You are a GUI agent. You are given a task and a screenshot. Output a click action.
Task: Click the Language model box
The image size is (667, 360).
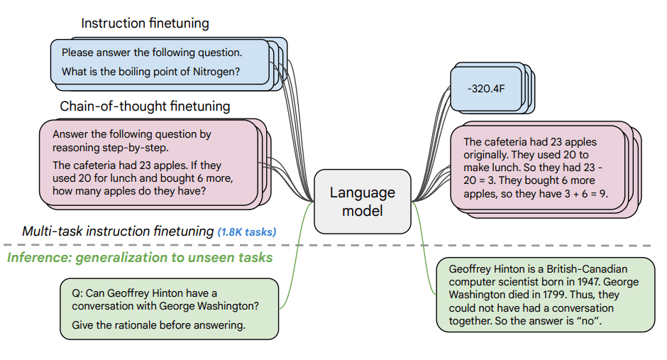click(x=362, y=202)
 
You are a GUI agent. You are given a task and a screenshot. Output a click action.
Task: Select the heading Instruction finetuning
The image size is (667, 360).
click(x=145, y=23)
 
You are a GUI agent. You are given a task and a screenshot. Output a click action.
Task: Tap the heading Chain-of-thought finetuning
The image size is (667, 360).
click(x=145, y=107)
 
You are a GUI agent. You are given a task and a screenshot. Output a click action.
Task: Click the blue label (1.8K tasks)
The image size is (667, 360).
click(x=247, y=232)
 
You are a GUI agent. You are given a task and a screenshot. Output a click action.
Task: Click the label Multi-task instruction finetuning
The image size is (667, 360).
click(x=118, y=231)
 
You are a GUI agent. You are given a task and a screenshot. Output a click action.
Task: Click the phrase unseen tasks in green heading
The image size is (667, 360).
click(x=233, y=257)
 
